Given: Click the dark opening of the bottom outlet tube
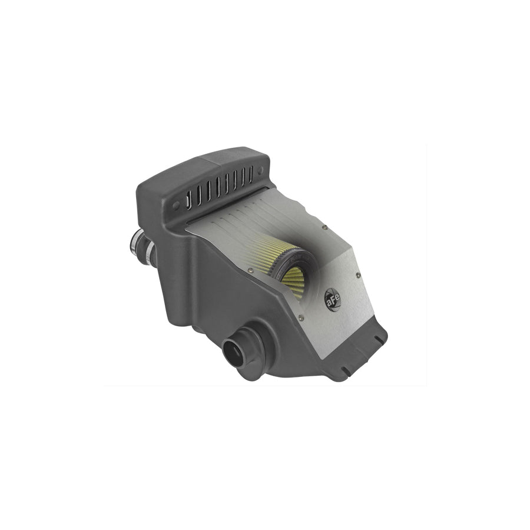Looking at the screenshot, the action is point(234,353).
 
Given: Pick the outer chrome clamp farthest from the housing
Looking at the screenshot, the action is point(136,241).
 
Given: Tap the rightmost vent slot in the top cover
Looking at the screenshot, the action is point(250,174).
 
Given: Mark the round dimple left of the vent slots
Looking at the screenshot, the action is point(176,206).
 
